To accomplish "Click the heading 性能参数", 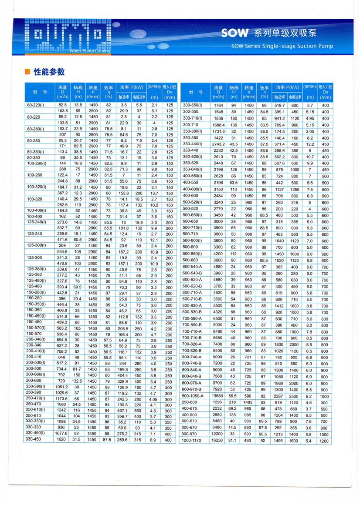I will (49, 72).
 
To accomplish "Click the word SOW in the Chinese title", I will (234, 33).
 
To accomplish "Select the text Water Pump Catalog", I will (90, 51).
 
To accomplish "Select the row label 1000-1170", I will (192, 440).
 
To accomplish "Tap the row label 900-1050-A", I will (193, 396).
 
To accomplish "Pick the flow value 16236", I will (217, 440).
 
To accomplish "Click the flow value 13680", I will (217, 396).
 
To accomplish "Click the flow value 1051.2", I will (62, 386).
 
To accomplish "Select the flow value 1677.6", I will (62, 433).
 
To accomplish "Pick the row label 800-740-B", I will (192, 363).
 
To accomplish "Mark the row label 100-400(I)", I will (37, 210).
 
